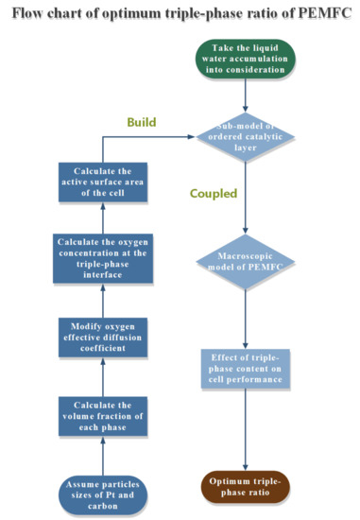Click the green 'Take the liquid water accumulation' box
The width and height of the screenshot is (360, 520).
(x=246, y=57)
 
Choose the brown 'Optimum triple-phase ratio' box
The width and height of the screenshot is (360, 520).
(x=246, y=487)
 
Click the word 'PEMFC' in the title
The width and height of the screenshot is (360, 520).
(x=319, y=13)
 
